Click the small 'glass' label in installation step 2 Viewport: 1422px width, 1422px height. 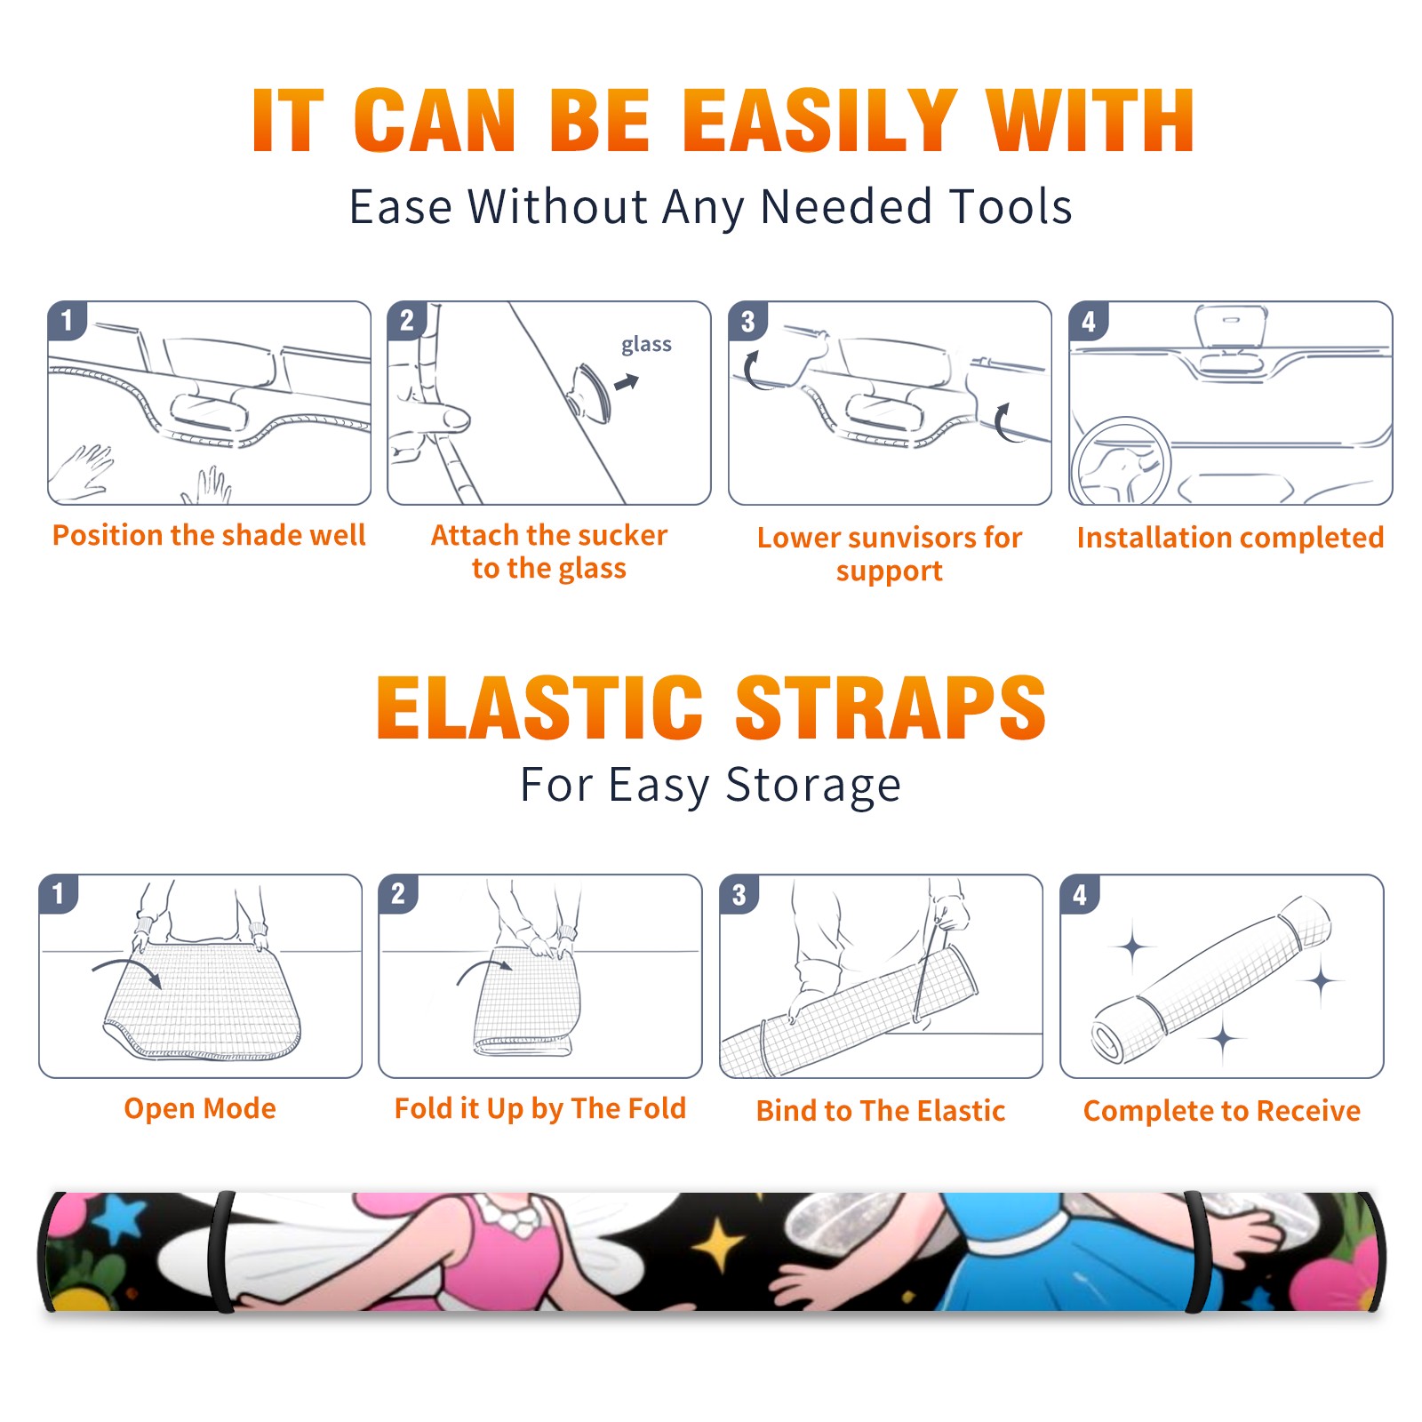(x=646, y=345)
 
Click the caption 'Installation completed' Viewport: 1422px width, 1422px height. (x=1230, y=537)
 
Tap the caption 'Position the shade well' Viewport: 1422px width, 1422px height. (x=209, y=535)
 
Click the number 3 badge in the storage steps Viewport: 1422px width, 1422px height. (x=739, y=894)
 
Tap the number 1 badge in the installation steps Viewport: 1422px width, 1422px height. (x=67, y=320)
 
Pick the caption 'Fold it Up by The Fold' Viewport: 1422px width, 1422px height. (x=540, y=1108)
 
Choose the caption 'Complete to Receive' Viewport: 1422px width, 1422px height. (x=1222, y=1111)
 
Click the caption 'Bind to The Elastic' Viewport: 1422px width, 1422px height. (x=881, y=1111)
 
